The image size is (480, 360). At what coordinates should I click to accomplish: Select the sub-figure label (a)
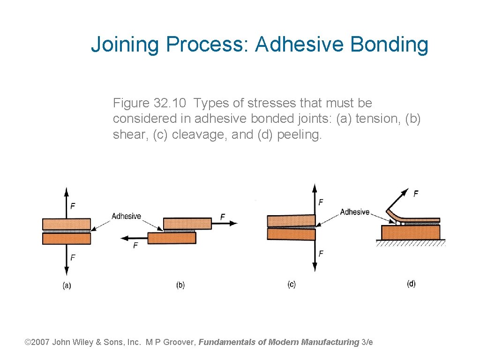[67, 285]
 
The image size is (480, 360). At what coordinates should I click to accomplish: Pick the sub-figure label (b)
[180, 285]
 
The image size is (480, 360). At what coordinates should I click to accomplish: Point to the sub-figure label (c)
[292, 284]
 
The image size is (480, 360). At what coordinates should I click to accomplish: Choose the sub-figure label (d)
[411, 284]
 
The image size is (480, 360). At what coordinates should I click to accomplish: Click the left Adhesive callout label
[126, 216]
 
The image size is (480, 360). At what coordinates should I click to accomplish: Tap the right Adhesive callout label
[354, 212]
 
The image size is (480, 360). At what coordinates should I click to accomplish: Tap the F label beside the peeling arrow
[415, 193]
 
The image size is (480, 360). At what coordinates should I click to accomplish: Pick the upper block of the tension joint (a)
[67, 224]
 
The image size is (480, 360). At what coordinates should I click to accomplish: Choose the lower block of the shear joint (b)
[172, 238]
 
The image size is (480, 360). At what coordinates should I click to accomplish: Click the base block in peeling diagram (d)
[411, 232]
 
